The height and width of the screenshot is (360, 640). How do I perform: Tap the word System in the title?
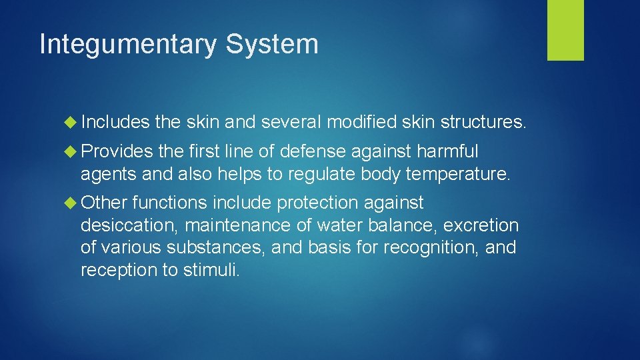[272, 45]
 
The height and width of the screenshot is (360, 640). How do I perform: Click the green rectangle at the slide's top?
[565, 30]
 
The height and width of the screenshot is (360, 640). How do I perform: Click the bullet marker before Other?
[72, 203]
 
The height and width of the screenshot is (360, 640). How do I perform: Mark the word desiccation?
[127, 225]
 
